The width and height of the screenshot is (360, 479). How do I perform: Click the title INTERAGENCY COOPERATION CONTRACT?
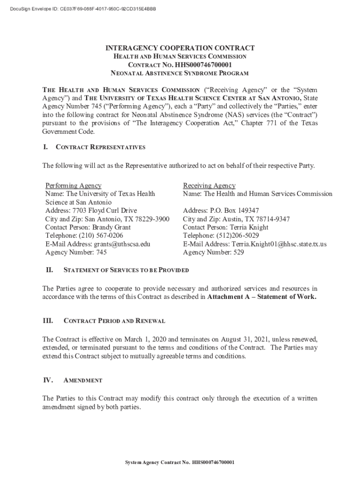[x=180, y=48]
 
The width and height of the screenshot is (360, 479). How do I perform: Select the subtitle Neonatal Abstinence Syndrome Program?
[x=180, y=73]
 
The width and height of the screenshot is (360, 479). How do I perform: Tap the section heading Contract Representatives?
[x=101, y=147]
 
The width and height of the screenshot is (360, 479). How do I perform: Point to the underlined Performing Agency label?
[x=73, y=186]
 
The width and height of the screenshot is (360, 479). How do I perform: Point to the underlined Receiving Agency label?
[x=209, y=186]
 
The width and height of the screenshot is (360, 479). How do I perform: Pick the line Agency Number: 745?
[x=76, y=253]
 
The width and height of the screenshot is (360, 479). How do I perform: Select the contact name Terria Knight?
[x=247, y=227]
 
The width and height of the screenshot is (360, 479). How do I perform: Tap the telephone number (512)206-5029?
[x=238, y=236]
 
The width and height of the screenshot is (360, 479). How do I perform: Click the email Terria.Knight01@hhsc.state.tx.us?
[x=279, y=244]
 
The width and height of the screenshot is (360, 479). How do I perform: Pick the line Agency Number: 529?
[x=214, y=253]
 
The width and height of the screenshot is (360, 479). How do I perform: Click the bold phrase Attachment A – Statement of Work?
[x=262, y=297]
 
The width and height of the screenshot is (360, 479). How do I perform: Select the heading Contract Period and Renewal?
[x=114, y=321]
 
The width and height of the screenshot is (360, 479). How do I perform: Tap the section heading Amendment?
[x=83, y=381]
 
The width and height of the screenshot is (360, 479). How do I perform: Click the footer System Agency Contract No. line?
[x=180, y=463]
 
